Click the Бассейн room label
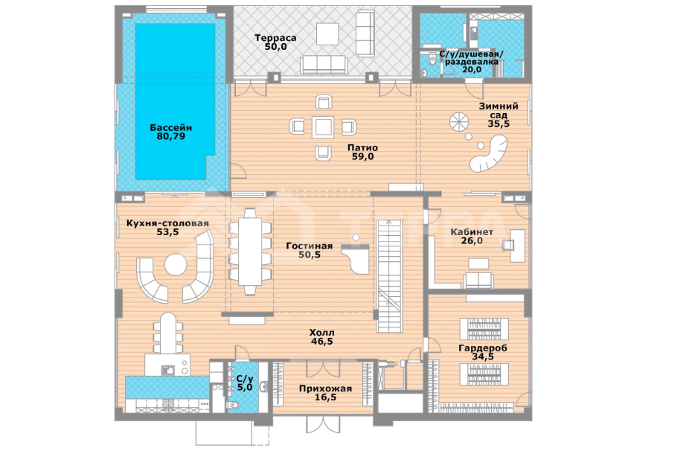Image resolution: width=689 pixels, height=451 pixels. pos(171,128)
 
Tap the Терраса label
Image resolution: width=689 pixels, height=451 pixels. pos(275,38)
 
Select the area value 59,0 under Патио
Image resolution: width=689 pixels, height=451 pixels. pos(362,156)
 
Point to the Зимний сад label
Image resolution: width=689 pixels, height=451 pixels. pos(499,111)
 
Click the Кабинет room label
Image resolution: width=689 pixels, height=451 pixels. pos(472,231)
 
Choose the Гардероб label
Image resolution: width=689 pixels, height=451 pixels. pos(482,348)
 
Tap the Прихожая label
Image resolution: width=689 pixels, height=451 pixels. pos(325,388)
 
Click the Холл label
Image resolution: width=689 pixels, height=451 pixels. pos(321,333)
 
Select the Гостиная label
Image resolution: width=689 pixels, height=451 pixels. pos(310,246)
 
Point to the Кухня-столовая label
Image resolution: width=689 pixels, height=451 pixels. pos(167,223)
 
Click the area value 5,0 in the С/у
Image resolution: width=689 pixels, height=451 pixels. pos(245,388)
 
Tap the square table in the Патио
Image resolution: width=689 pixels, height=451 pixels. pos(323,127)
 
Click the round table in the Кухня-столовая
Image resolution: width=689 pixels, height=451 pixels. pos(176,265)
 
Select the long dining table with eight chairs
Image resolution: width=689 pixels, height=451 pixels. pos(249,251)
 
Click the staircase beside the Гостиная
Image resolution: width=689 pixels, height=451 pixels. pos(389,276)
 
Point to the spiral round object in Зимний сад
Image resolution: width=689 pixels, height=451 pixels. pos(460,122)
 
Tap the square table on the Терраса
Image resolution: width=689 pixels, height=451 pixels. pos(327,33)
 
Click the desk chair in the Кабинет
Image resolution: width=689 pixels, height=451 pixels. pos(508,246)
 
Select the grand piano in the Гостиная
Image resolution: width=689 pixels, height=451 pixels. pos(357,259)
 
